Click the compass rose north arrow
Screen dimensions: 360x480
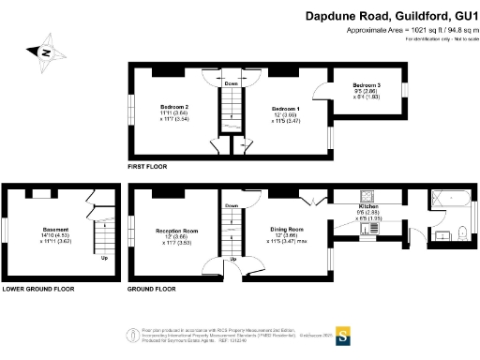point(42,52)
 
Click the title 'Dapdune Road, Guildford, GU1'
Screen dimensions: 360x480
point(392,16)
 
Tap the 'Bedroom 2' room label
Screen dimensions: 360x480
point(174,107)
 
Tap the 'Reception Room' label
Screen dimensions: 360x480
point(176,229)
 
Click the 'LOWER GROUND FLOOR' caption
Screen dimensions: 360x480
point(37,290)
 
